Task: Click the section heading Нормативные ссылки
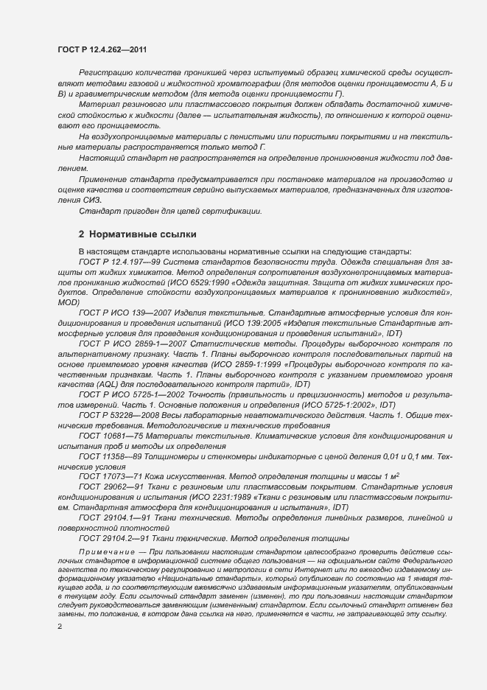[137, 234]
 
